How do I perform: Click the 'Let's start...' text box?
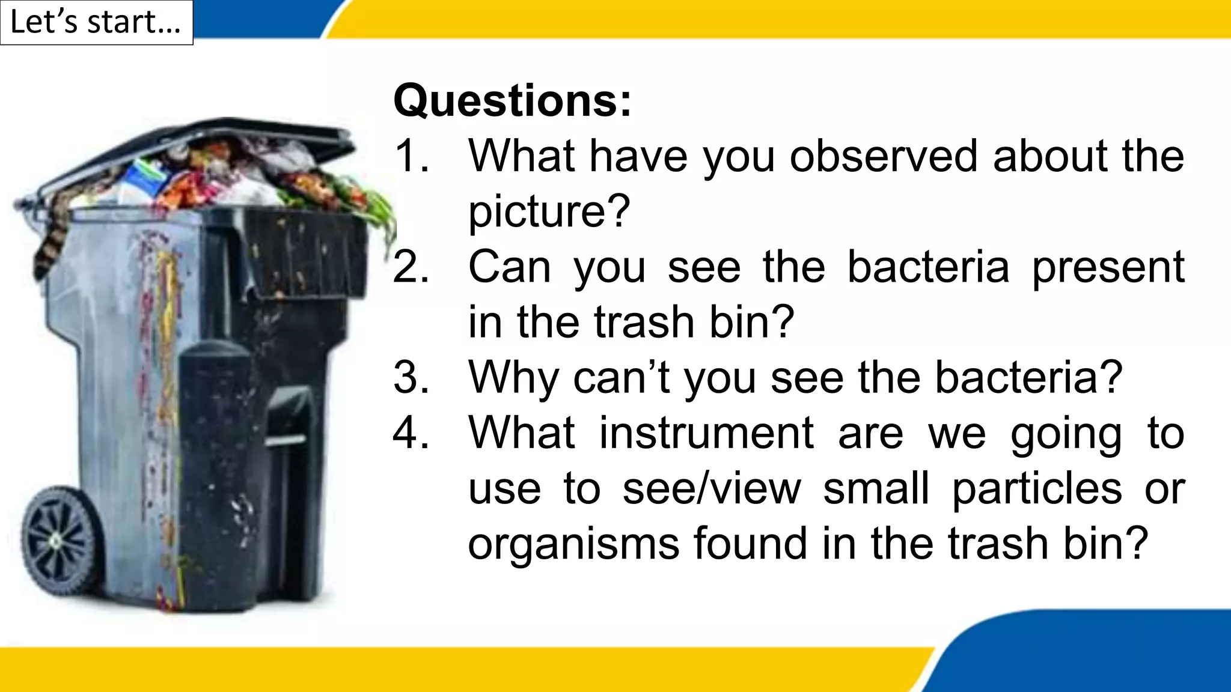[x=96, y=23]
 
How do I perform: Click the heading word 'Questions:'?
[x=512, y=100]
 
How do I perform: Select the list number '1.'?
[x=412, y=156]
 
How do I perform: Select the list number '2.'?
[x=412, y=267]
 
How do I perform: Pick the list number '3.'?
[x=412, y=378]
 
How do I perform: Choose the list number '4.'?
[x=412, y=433]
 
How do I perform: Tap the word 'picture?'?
[x=549, y=211]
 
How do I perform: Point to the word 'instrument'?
[x=706, y=433]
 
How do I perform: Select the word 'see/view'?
[x=712, y=488]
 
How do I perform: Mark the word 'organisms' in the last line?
[x=573, y=544]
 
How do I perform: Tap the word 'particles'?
[x=1037, y=488]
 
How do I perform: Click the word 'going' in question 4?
[x=1066, y=433]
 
